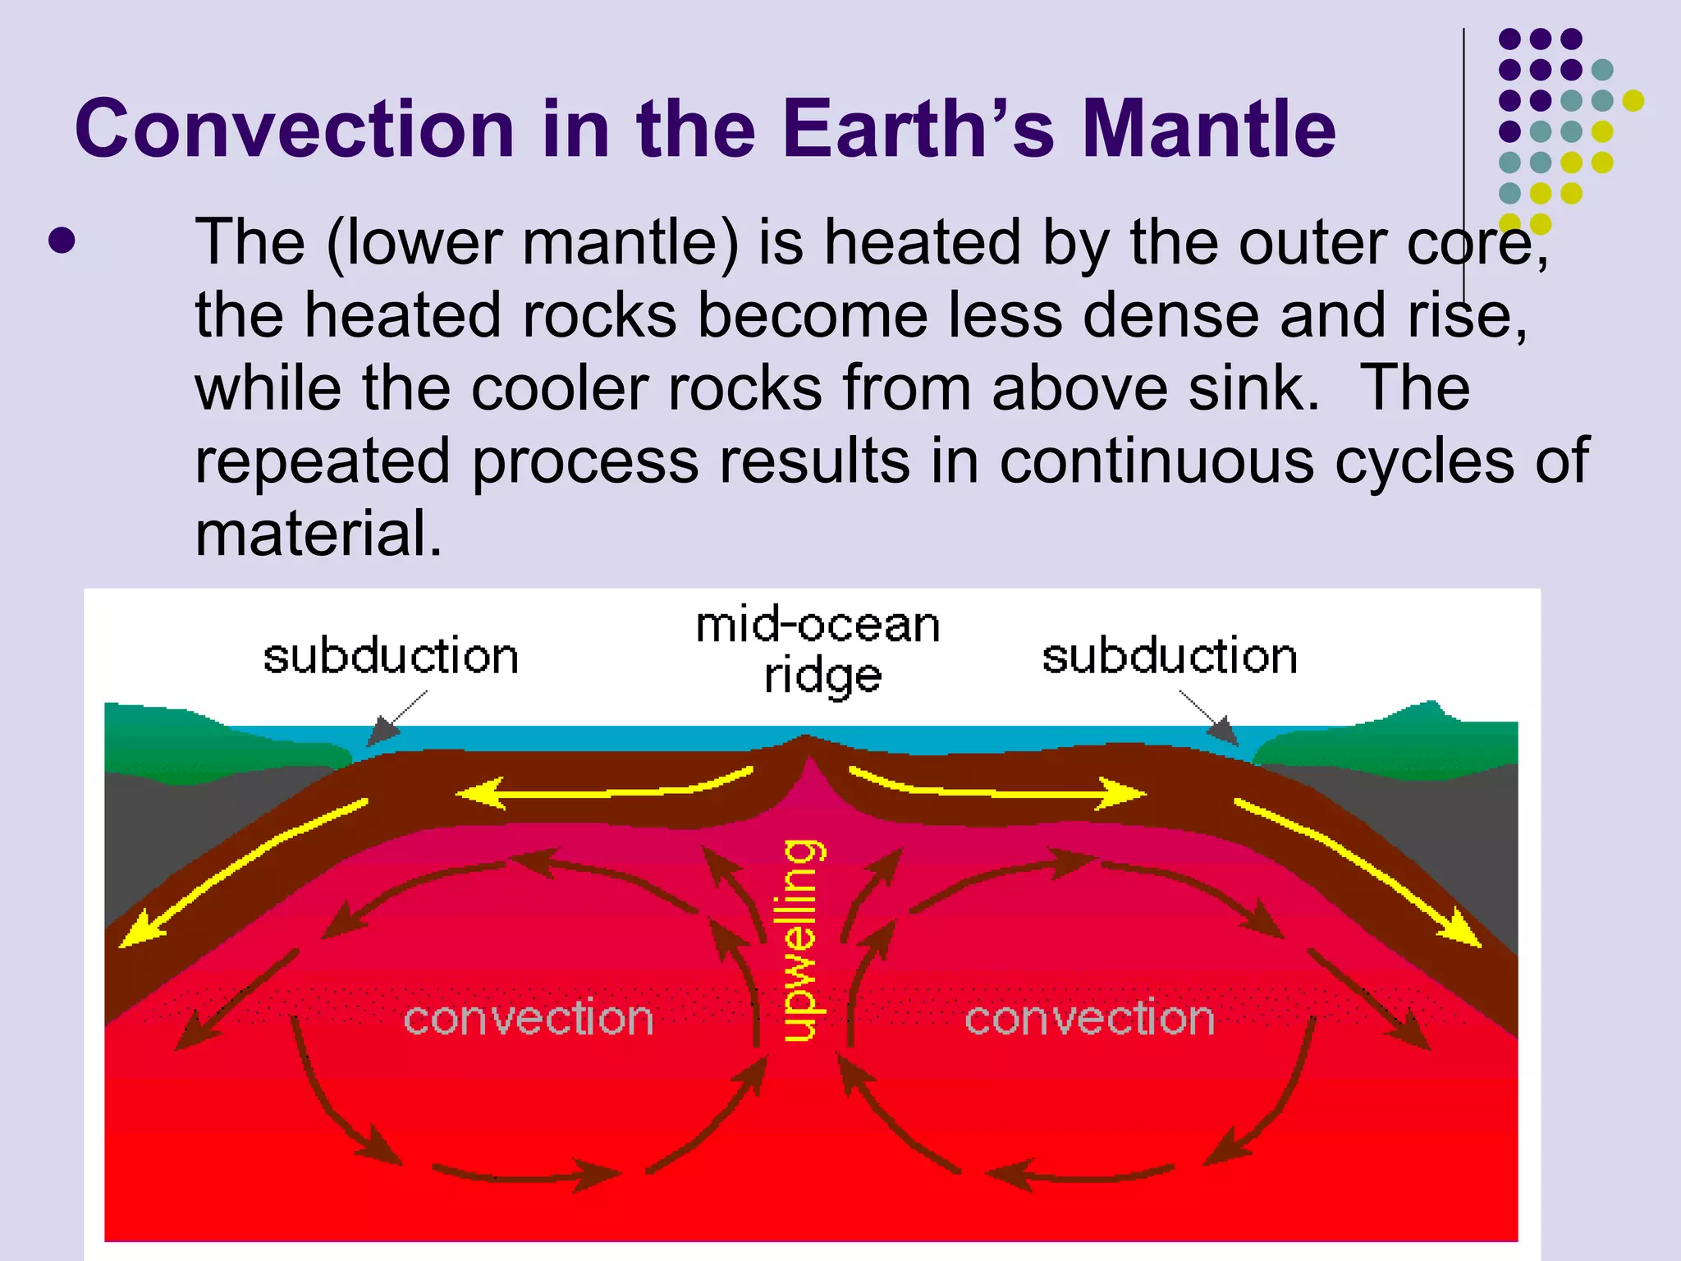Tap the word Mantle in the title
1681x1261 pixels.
pos(1209,129)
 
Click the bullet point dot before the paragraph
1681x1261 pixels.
pos(62,241)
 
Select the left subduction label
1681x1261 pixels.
pos(391,657)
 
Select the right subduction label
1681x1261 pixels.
pos(1170,657)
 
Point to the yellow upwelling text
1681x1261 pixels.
pos(801,940)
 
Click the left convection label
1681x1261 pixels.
pos(529,1019)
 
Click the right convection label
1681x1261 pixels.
pos(1089,1019)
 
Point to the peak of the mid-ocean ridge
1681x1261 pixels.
pos(807,736)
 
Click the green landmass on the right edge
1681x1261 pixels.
pos(1412,739)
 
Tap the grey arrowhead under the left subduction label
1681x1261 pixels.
pos(382,730)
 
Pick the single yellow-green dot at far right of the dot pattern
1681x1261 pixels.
pos(1633,100)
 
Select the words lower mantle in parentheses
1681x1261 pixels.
pos(534,242)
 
